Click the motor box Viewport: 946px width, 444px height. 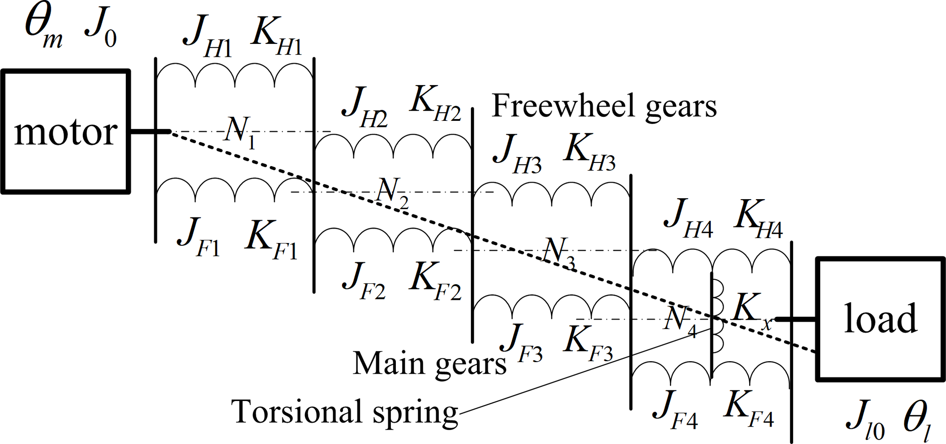(65, 132)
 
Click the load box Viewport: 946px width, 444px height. (880, 319)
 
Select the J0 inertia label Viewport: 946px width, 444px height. (101, 30)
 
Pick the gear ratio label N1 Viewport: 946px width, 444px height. (240, 132)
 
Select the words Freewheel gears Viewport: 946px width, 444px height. (604, 106)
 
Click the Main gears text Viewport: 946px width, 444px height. (429, 364)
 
